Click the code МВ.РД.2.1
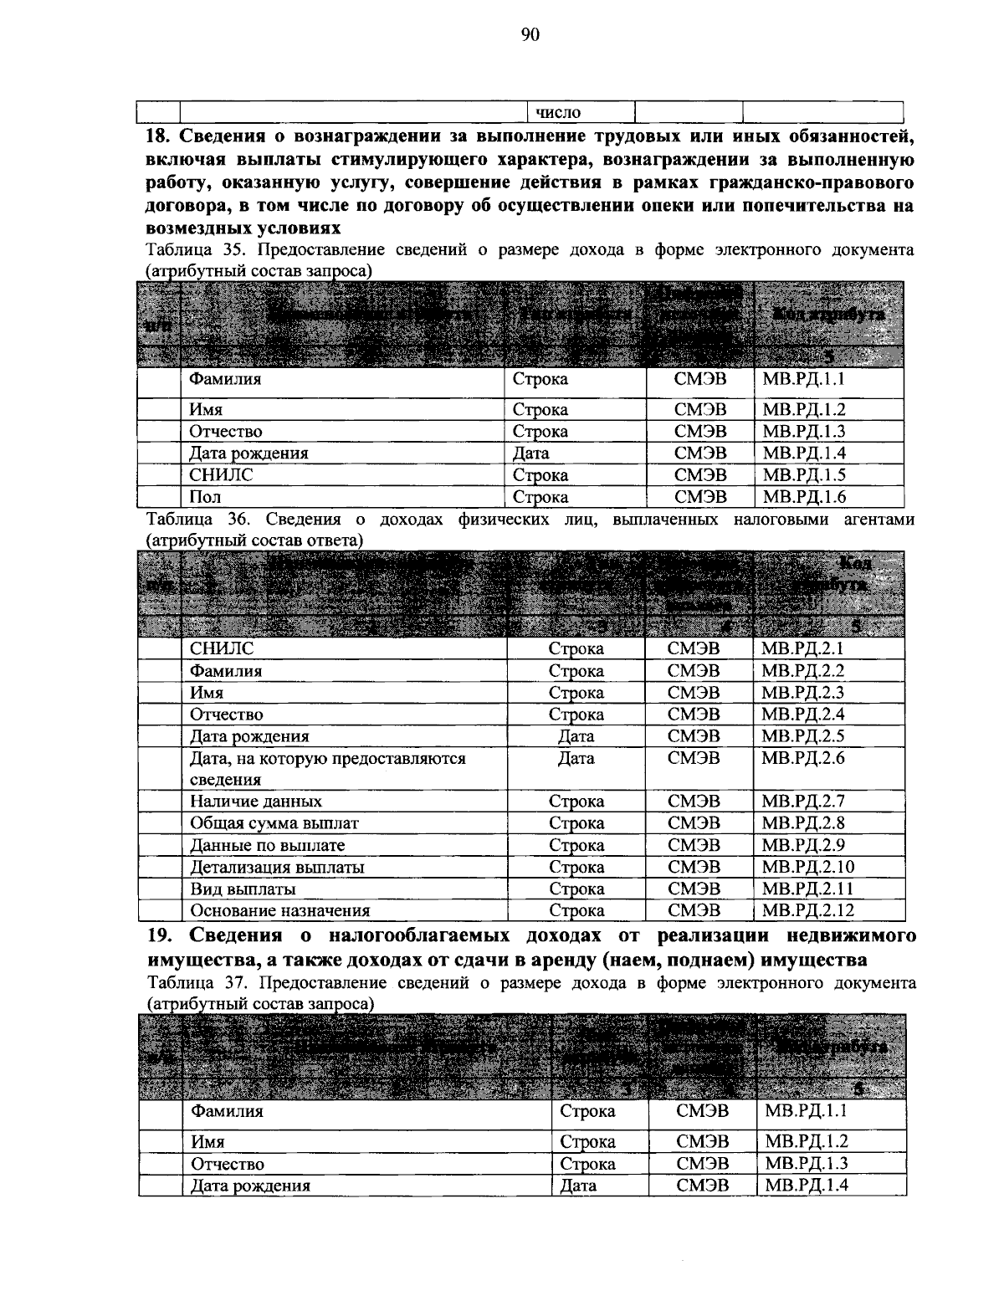802,648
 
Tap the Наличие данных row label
256,802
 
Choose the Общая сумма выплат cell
274,823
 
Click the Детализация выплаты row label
277,868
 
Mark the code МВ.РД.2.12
807,910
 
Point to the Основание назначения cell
280,910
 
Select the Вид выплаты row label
243,889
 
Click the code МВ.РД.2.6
802,758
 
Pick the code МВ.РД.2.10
807,868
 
